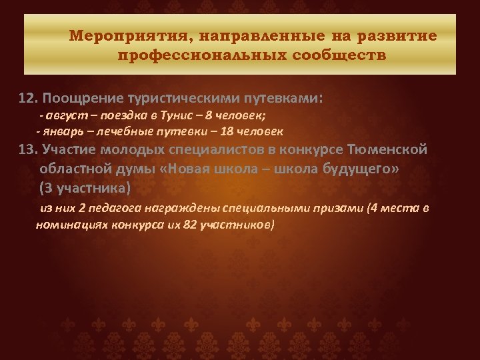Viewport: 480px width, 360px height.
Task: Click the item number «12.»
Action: pyautogui.click(x=28, y=99)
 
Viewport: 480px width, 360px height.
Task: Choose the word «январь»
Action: pyautogui.click(x=61, y=132)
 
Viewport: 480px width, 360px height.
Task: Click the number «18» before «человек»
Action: pyautogui.click(x=235, y=132)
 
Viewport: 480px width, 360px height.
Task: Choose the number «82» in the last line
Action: pyautogui.click(x=189, y=225)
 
